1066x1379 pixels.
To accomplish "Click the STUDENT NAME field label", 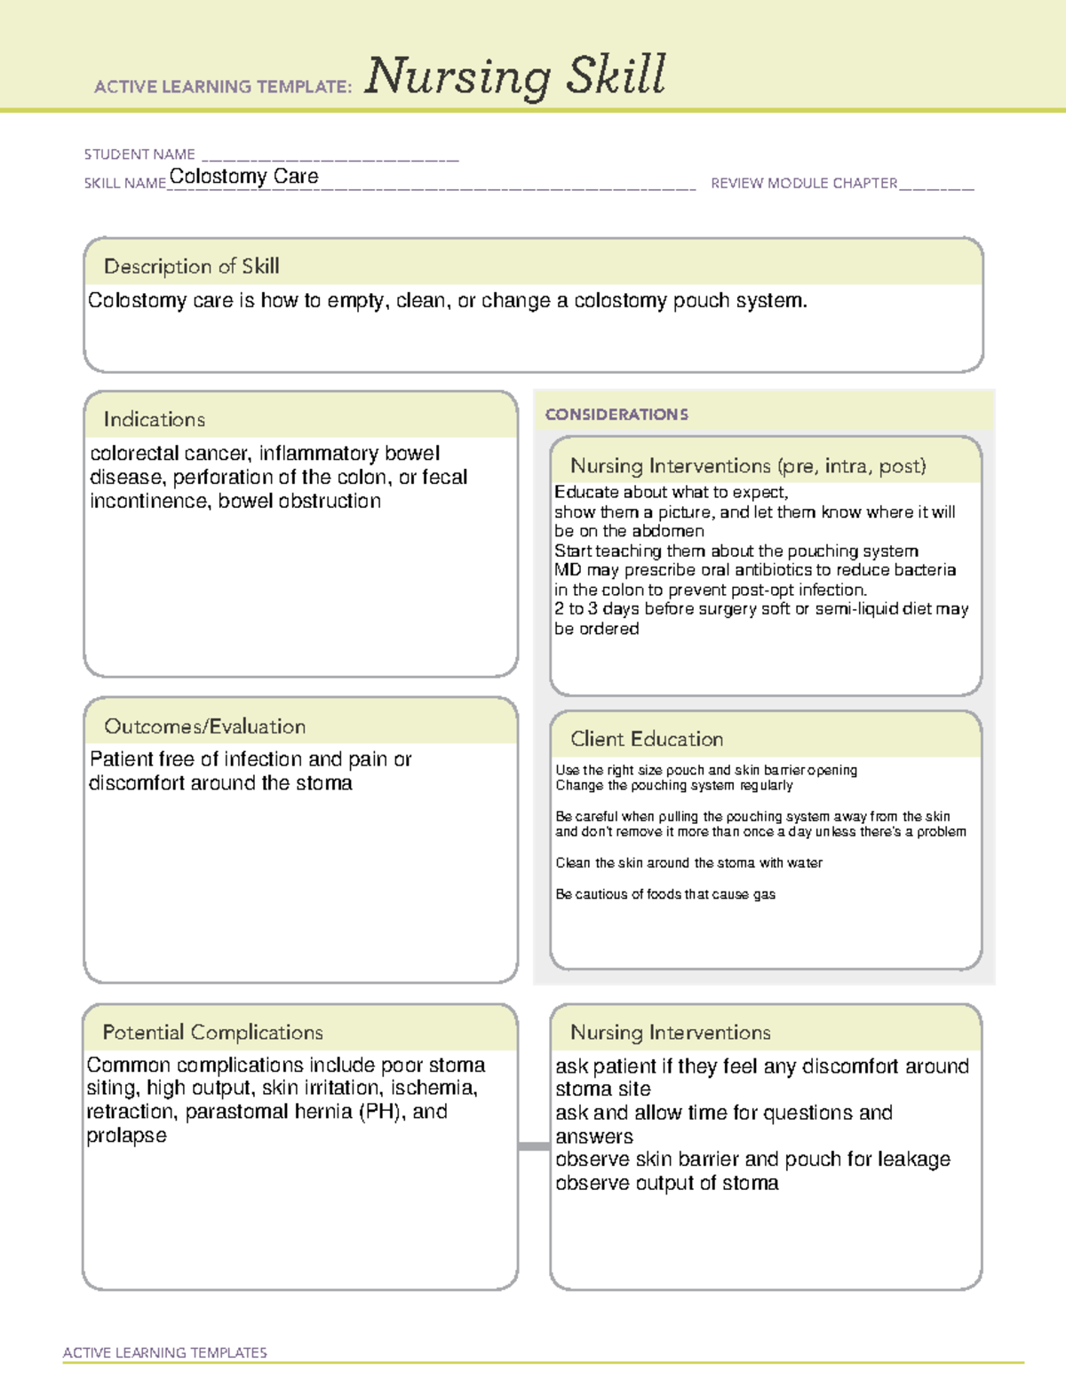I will [139, 155].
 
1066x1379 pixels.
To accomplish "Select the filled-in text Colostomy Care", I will [243, 177].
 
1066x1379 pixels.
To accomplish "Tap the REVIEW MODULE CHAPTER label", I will [803, 183].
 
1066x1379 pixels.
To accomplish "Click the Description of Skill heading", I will [191, 266].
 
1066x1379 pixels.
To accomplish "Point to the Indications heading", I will [154, 419].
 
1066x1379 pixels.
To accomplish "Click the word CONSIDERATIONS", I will [617, 415].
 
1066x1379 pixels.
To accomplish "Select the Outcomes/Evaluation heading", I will [204, 726].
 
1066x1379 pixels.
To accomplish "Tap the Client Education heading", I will [646, 739].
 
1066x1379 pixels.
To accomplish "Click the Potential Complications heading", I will [212, 1033].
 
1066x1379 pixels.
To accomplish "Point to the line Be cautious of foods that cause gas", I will [665, 894].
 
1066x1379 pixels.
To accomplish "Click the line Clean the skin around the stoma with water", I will [688, 863].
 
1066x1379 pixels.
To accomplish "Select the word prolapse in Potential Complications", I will [126, 1137].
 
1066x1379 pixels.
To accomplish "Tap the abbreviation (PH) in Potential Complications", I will [382, 1112].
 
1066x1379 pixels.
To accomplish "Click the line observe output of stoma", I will [666, 1184].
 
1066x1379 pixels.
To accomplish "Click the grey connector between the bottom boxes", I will [533, 1146].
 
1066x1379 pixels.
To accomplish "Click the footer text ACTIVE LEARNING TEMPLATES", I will [164, 1352].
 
